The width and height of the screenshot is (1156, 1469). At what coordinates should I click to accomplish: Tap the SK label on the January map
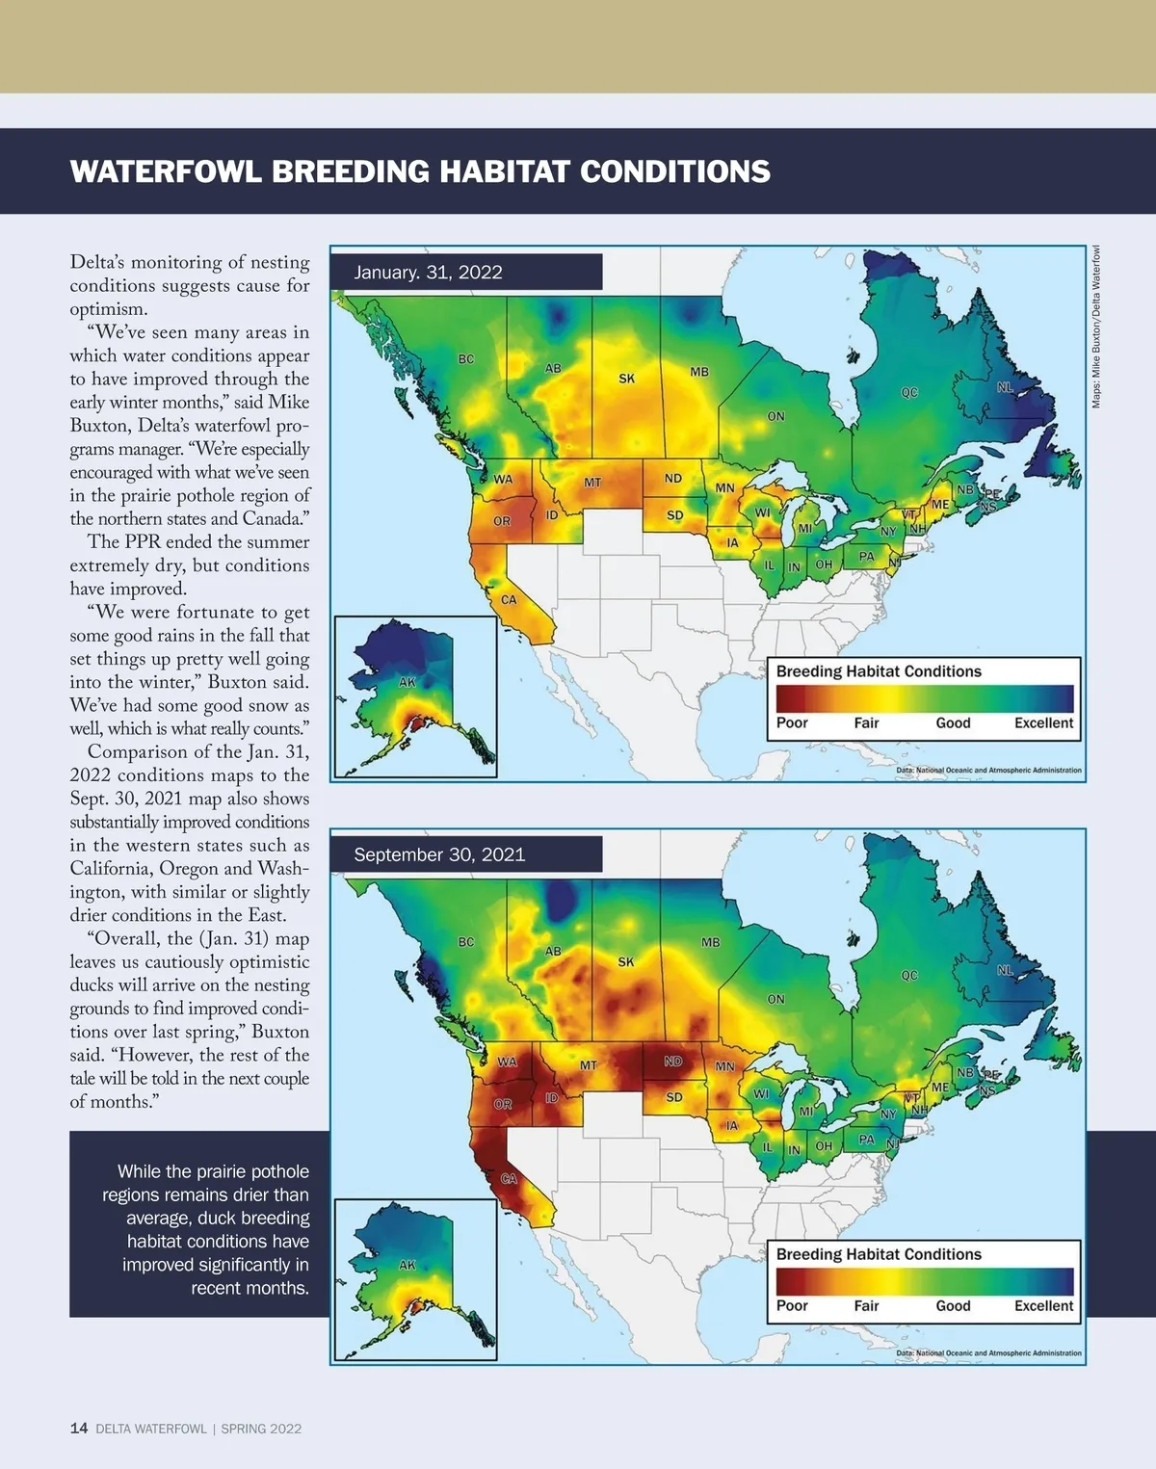pos(626,379)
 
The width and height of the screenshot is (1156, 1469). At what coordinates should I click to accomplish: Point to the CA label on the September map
pos(509,1179)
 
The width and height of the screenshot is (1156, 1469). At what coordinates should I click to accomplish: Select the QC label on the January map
pos(909,393)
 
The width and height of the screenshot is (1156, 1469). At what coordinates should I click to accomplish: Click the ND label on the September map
pos(673,1062)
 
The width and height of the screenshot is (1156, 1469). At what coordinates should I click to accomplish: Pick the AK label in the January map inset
pos(407,682)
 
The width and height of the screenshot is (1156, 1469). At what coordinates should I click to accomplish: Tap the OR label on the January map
pos(502,521)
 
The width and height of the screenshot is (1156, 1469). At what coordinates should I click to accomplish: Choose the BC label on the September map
pos(466,942)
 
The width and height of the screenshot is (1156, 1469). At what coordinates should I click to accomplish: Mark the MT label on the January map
pos(592,482)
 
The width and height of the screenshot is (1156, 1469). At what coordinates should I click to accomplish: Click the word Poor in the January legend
pos(792,723)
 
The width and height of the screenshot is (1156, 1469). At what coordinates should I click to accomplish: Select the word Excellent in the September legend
pos(1043,1306)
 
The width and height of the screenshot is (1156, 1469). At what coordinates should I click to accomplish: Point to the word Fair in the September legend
pos(866,1306)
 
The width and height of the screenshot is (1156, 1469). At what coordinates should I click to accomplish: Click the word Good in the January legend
pos(953,723)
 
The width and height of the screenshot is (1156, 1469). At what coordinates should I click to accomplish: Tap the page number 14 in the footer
pos(79,1429)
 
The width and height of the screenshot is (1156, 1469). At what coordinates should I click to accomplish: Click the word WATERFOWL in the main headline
pos(166,171)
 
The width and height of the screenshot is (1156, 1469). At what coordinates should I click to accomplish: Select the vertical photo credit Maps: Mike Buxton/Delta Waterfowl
pos(1096,328)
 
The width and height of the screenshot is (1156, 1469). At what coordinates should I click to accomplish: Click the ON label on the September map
pos(775,999)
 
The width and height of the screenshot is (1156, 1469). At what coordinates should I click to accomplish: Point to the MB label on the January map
pos(699,372)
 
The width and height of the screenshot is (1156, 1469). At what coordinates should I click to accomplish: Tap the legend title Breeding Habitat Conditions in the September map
pos(879,1254)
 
